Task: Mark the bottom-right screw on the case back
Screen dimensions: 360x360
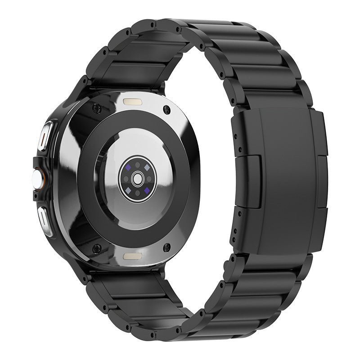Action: click(x=167, y=246)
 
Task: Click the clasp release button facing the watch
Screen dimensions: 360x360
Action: click(x=252, y=180)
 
